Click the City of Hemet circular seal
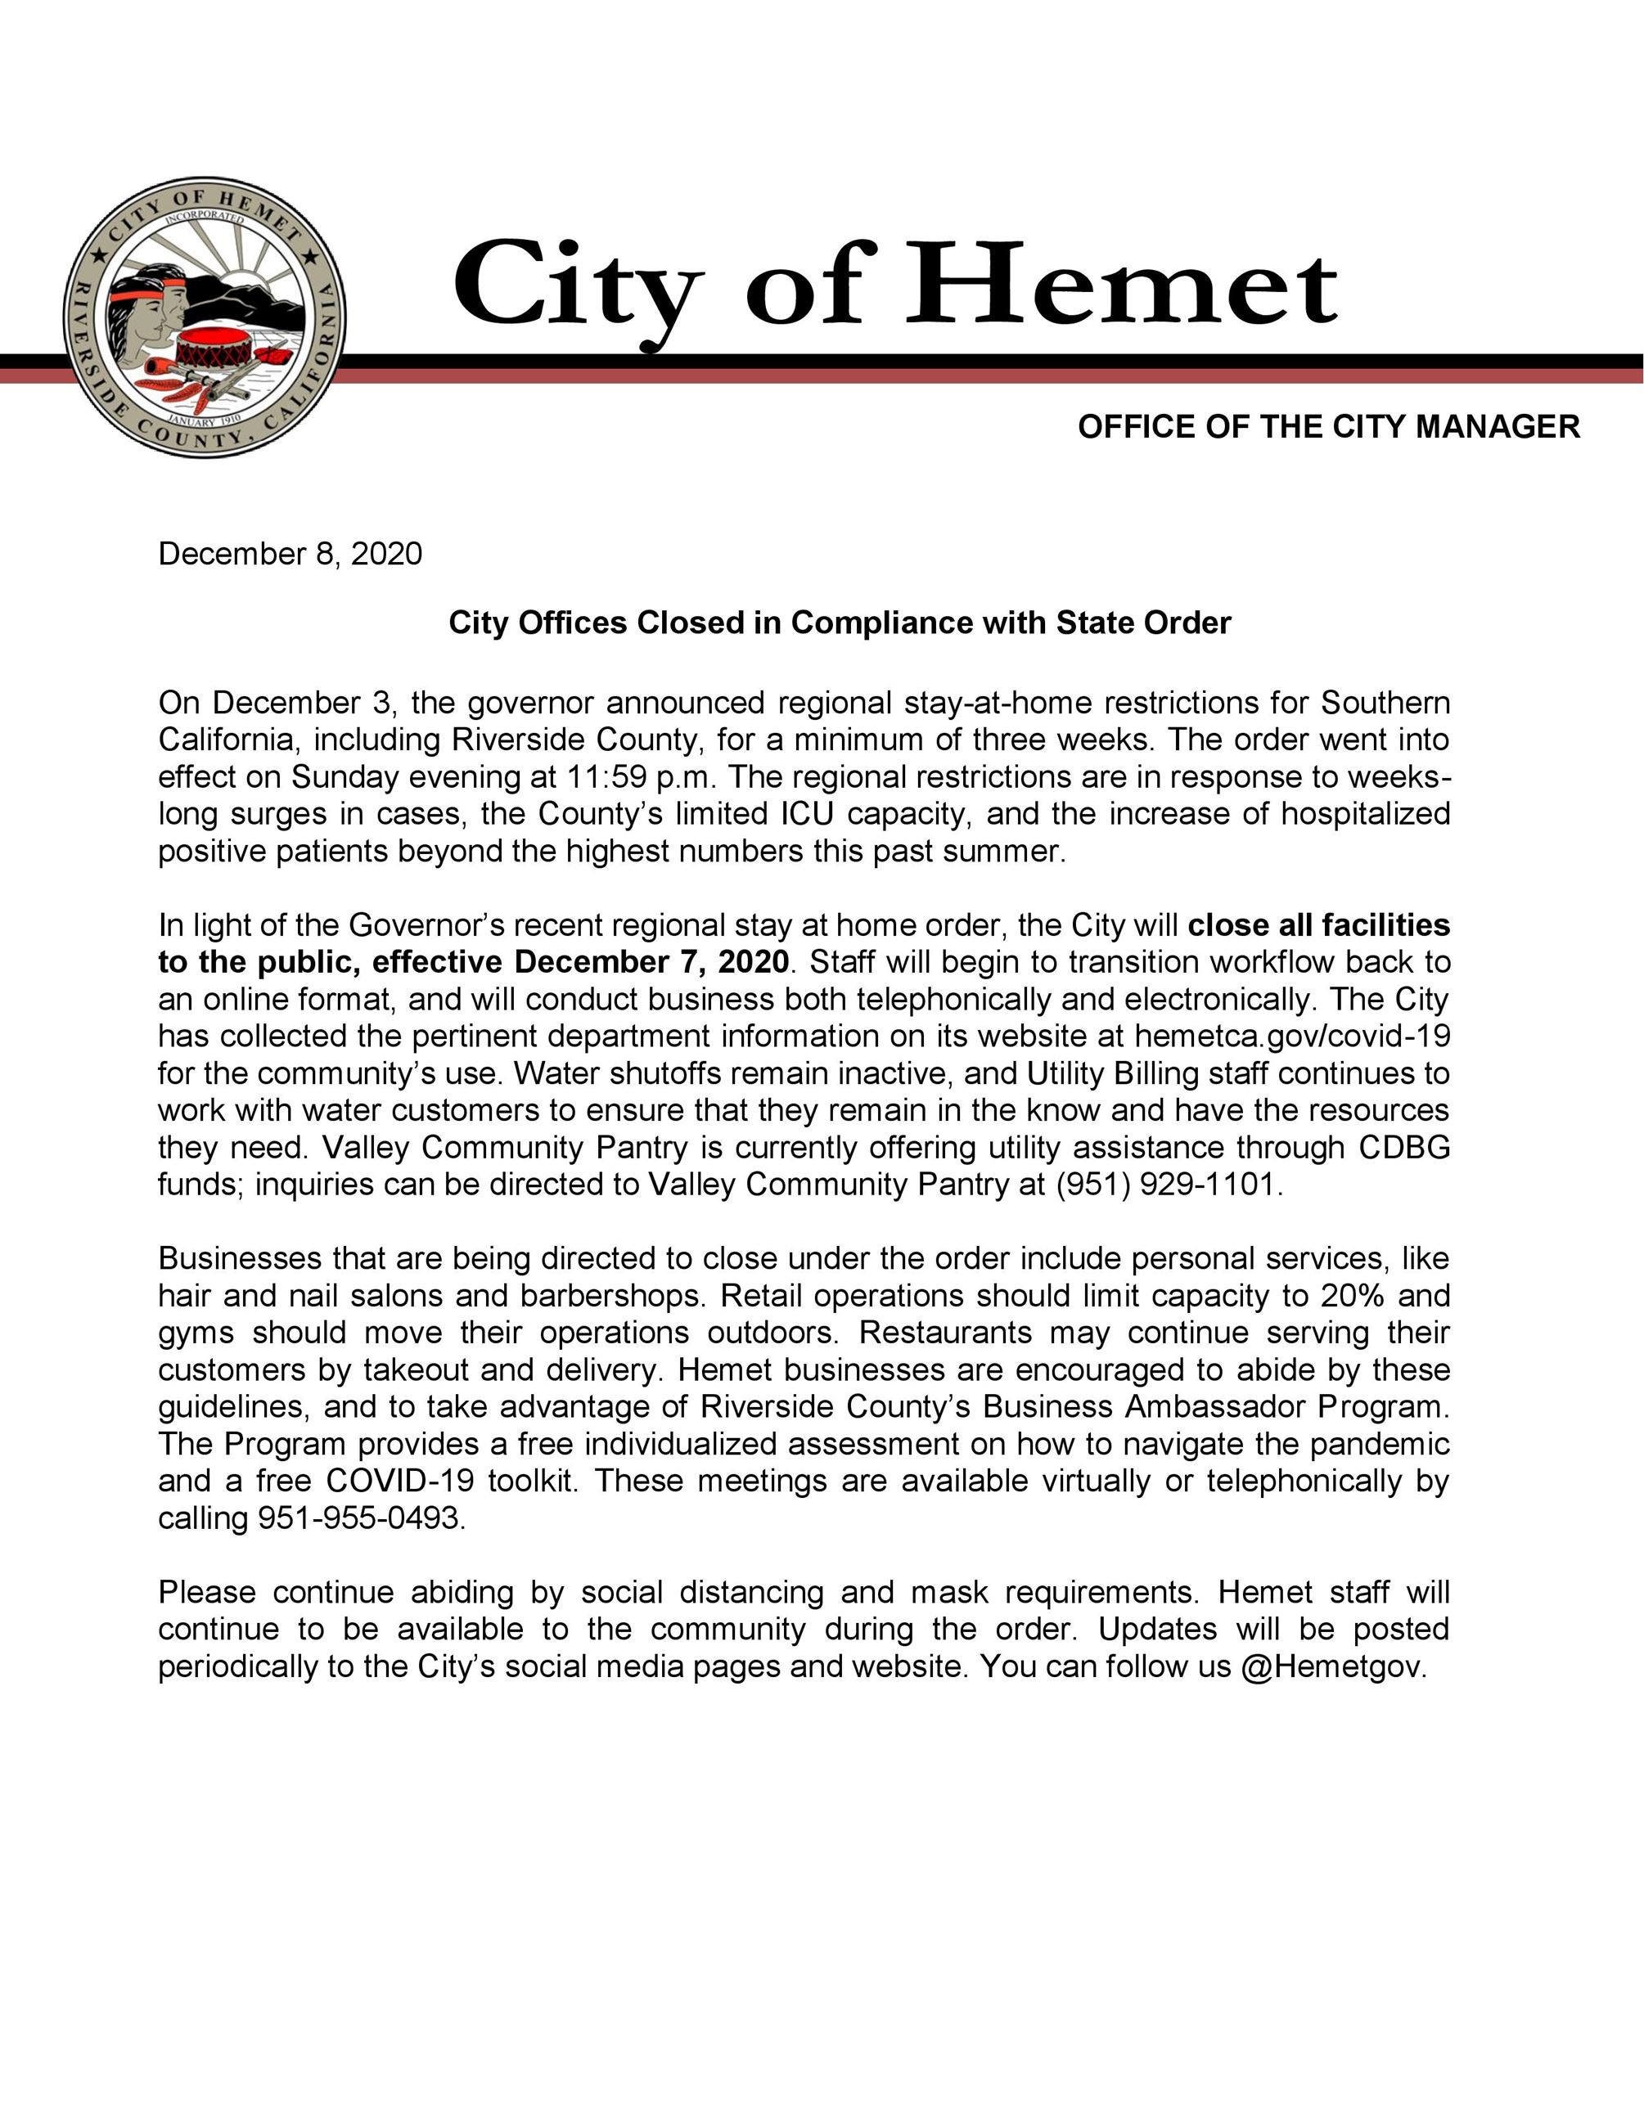[205, 317]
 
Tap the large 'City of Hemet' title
[894, 286]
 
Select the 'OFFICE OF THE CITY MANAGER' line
[1328, 426]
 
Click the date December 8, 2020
[291, 554]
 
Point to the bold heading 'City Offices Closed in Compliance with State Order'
[840, 623]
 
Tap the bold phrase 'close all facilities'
[1318, 925]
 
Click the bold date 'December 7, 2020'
[651, 962]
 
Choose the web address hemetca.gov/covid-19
[1291, 1037]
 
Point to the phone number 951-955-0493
[360, 1518]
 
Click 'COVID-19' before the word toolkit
[400, 1482]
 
